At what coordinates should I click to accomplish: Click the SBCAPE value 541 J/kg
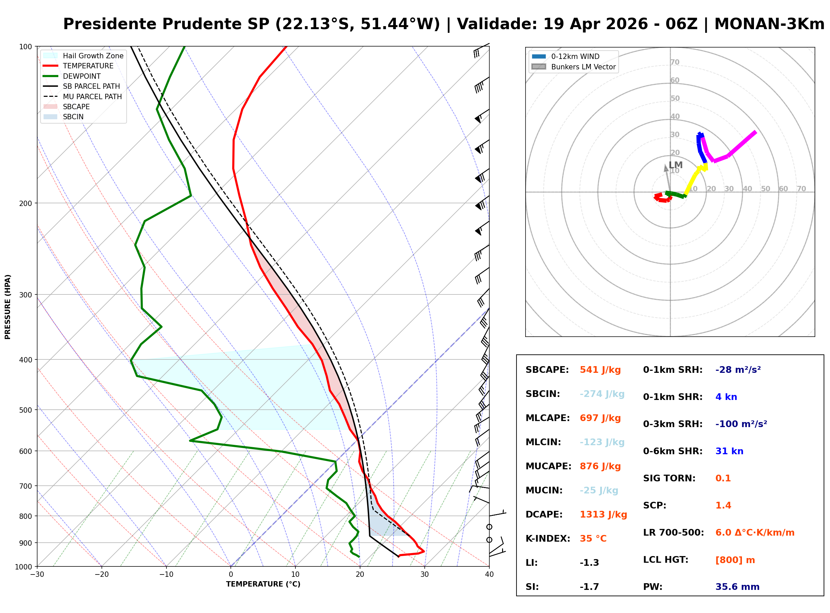pos(600,370)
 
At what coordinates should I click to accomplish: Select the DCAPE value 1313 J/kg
pos(603,515)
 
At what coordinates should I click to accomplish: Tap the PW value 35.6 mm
pos(737,587)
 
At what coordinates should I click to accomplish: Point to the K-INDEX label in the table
pos(548,539)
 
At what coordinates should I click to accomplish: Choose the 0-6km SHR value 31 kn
pos(729,451)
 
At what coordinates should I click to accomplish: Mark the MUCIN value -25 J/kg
pos(599,490)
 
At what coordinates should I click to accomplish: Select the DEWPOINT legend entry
pos(82,76)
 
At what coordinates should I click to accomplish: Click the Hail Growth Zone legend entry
pos(93,56)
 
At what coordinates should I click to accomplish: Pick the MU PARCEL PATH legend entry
pos(92,96)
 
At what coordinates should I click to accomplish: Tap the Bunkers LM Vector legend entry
pos(583,67)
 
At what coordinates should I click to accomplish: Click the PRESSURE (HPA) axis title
pos(8,307)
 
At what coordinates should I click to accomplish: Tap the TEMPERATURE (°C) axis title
pos(263,585)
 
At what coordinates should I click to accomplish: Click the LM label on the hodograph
pos(675,165)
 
